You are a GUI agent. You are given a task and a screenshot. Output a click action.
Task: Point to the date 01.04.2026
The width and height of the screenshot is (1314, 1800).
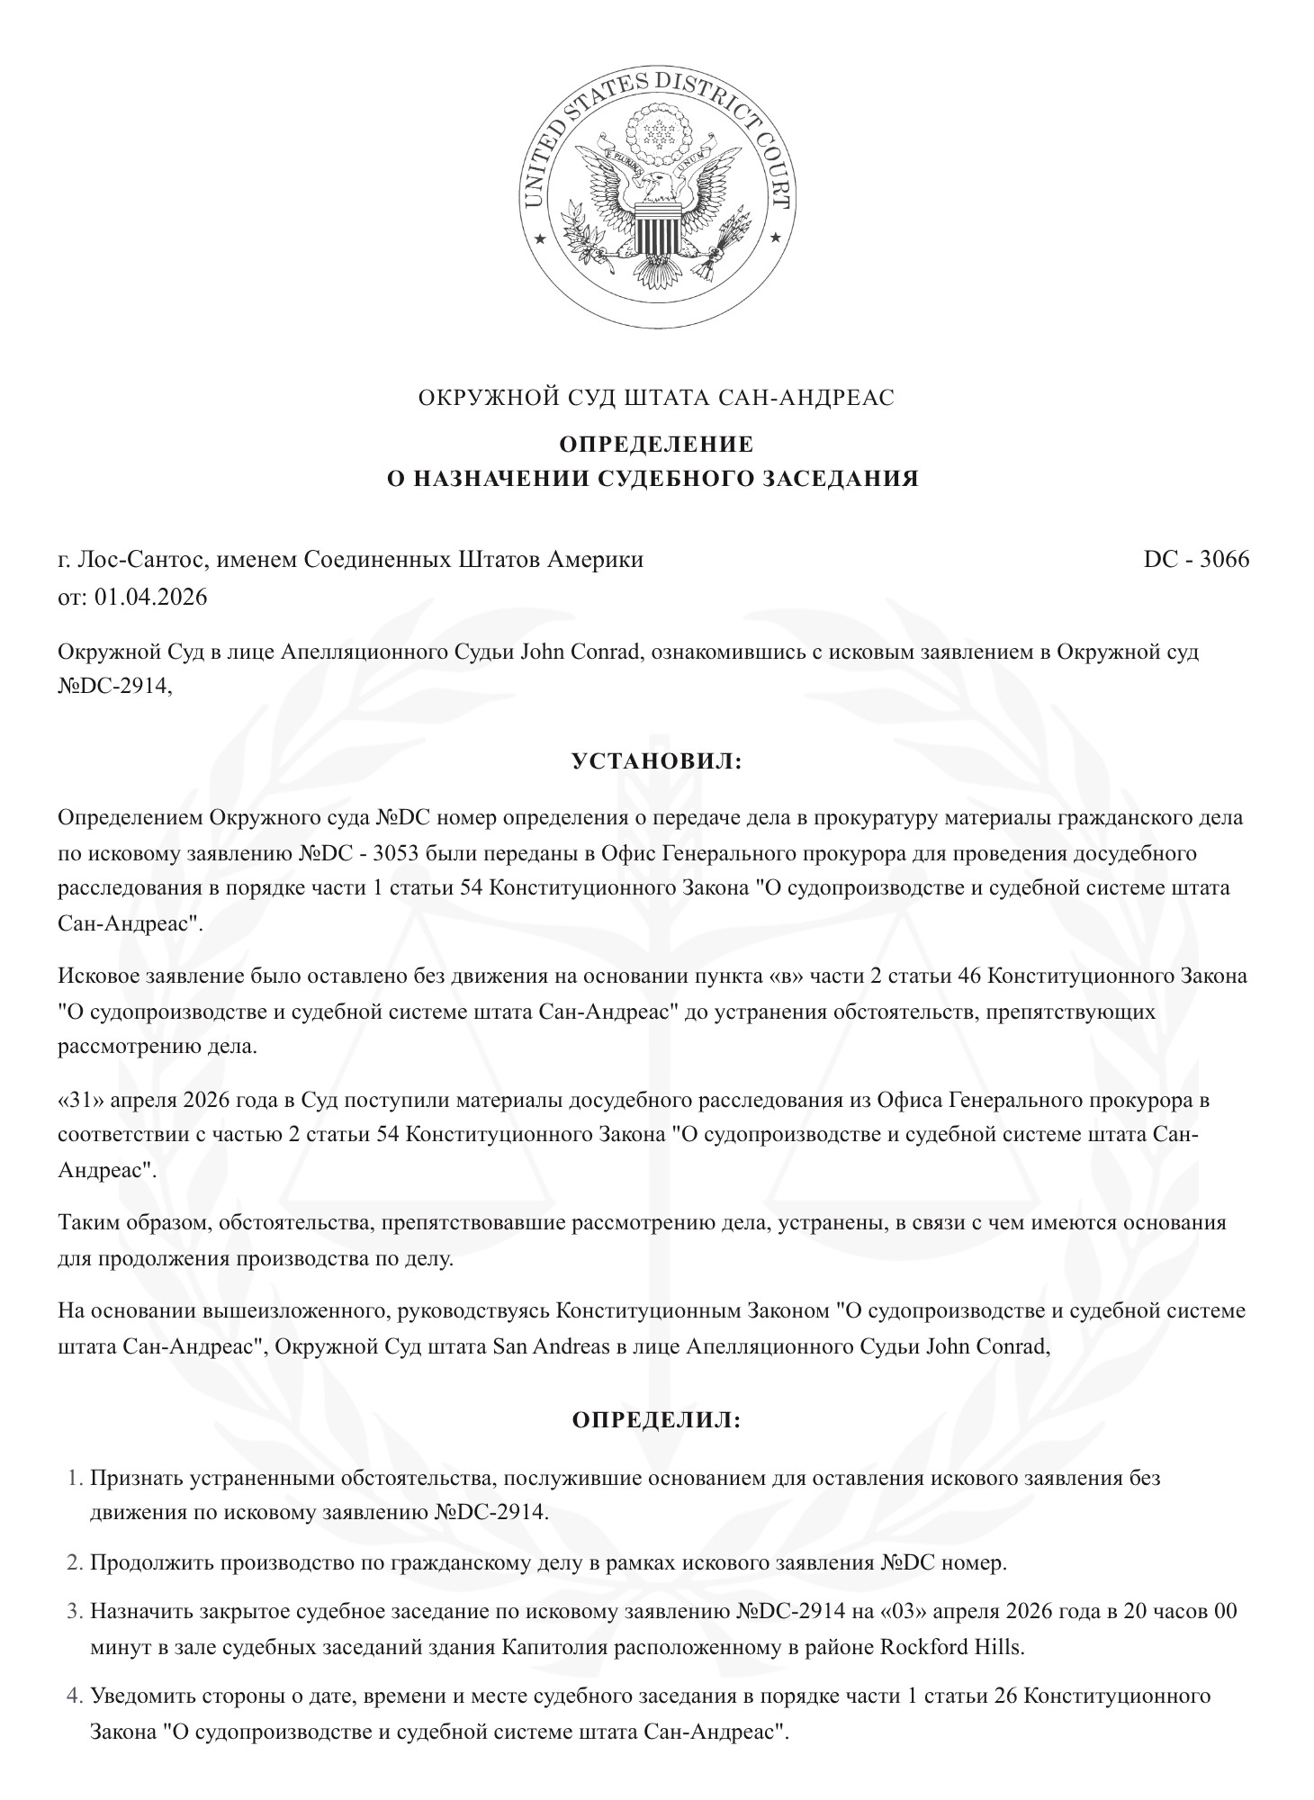pos(150,597)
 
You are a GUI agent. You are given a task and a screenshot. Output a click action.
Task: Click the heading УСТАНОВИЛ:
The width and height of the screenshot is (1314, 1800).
pos(657,762)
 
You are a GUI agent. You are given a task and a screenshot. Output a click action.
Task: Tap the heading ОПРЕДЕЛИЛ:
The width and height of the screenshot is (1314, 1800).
pos(657,1421)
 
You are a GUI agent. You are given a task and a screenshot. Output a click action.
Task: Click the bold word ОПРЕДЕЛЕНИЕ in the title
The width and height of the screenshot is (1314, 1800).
pos(657,445)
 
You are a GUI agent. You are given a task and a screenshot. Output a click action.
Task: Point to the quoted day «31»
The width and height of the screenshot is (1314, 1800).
pos(78,1101)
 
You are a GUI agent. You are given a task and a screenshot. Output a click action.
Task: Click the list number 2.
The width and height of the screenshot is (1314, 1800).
pos(76,1562)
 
